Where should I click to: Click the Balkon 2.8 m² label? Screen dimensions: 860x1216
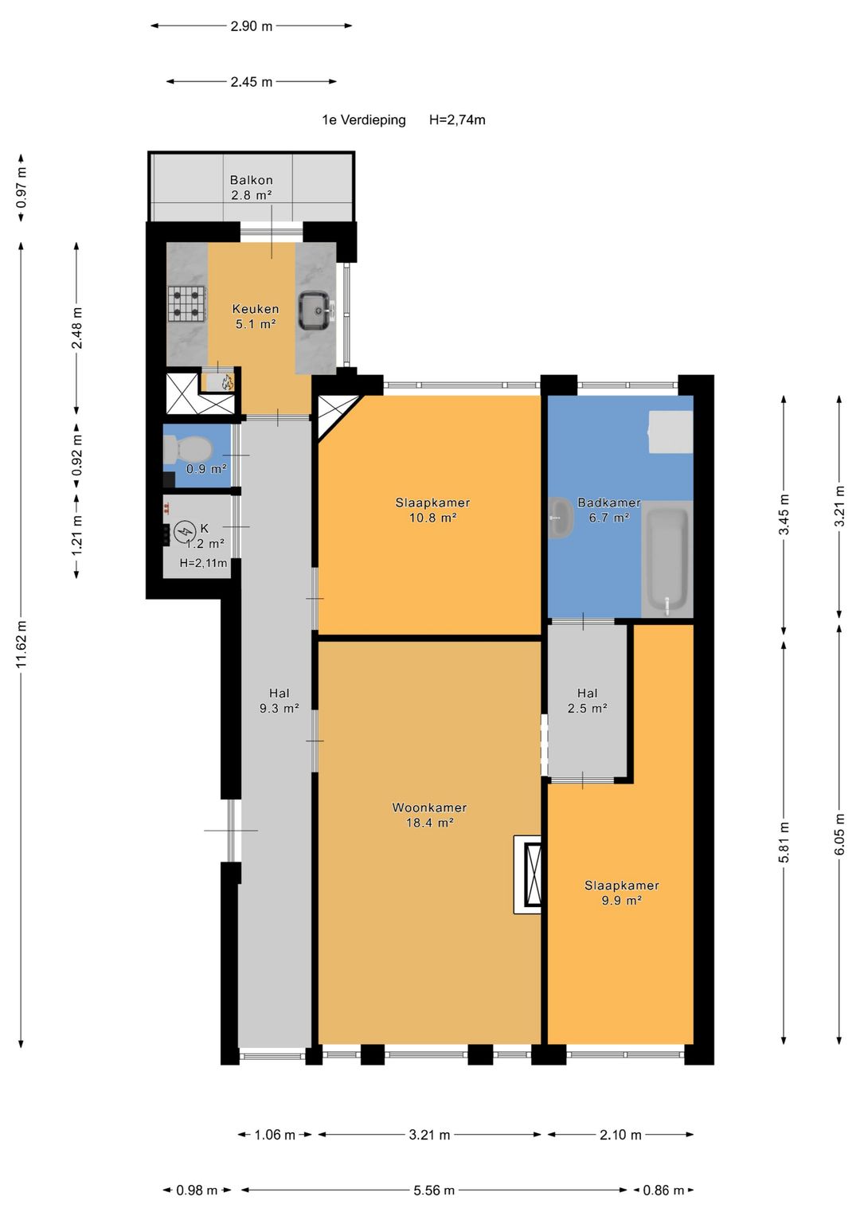point(251,187)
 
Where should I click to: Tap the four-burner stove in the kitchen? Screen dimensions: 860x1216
point(187,304)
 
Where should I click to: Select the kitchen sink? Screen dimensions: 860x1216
point(315,311)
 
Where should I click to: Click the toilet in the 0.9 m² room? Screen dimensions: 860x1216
point(187,450)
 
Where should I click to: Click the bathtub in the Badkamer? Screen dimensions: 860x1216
point(666,558)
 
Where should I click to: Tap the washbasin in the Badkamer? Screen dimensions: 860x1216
point(561,518)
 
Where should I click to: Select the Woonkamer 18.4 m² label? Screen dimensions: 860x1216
point(429,815)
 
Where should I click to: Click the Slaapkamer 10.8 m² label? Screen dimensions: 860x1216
point(432,510)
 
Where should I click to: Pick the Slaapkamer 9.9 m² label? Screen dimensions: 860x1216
point(621,893)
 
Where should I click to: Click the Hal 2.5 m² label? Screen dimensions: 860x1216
point(587,700)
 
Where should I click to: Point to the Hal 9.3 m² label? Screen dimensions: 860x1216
point(279,700)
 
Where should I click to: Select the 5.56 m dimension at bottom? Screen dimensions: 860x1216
point(434,1191)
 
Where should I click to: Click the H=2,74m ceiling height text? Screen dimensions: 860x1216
point(457,120)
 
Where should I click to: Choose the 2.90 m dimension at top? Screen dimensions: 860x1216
point(251,26)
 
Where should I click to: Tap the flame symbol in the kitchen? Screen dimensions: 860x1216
point(227,383)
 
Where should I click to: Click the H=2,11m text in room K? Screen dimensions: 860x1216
point(203,563)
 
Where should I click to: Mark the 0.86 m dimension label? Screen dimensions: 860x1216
point(663,1191)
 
